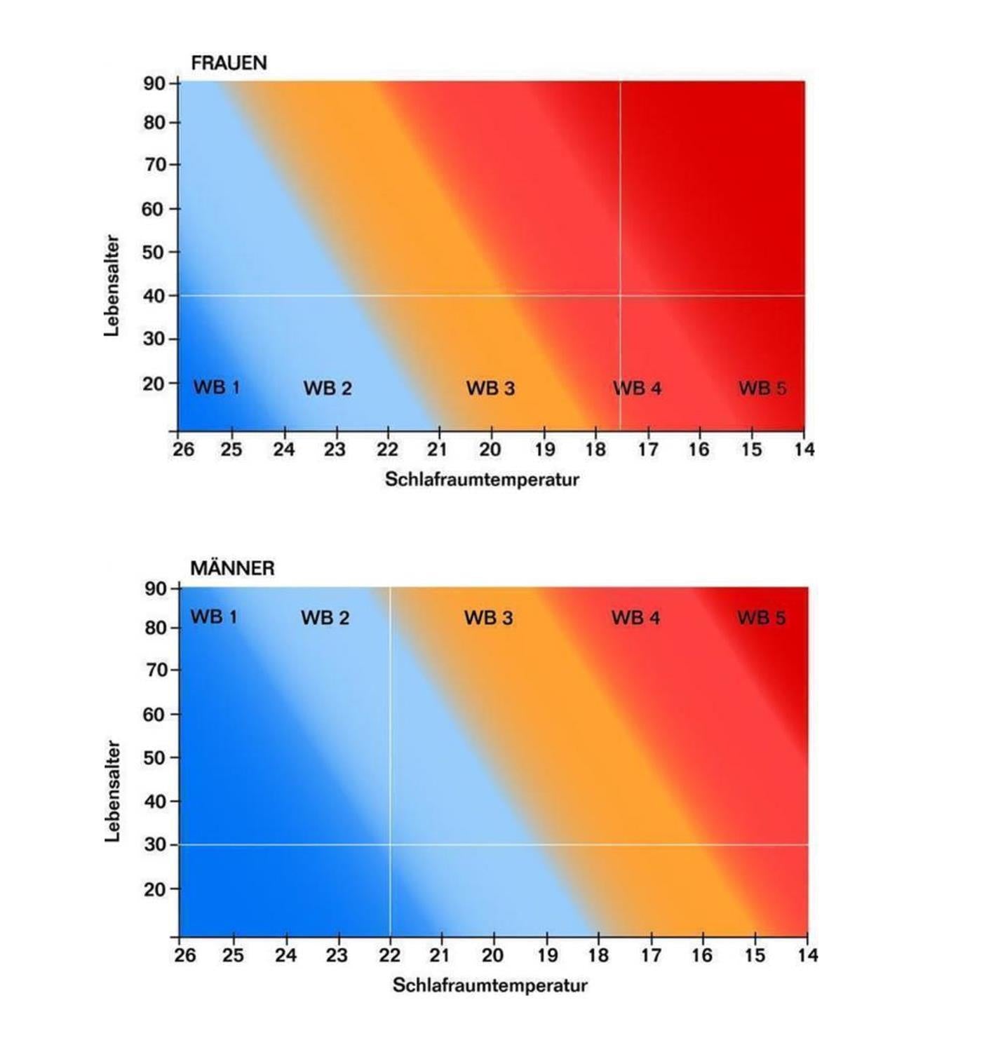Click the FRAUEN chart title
229,63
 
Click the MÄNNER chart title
232,568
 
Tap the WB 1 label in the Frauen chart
216,387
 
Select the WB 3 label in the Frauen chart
490,389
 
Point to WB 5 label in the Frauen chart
762,389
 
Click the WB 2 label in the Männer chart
325,618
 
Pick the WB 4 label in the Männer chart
635,618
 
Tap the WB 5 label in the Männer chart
762,618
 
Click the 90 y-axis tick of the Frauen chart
154,83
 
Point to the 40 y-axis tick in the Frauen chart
154,296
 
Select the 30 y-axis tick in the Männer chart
155,845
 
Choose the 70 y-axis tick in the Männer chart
155,670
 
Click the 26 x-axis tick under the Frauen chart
184,450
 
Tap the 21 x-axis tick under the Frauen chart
438,450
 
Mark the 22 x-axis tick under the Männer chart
390,955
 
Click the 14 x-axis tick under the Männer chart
807,955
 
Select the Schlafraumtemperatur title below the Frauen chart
482,480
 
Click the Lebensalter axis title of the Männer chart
112,791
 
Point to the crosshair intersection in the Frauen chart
620,295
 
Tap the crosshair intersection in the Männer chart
390,844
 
